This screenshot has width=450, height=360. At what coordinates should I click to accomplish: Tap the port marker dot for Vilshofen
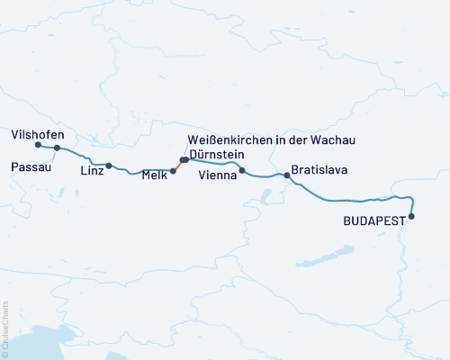[x=38, y=145]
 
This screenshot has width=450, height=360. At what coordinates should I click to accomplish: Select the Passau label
[x=30, y=166]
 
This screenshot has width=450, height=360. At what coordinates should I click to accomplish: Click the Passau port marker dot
[x=57, y=148]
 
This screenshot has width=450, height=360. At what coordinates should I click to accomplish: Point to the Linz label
[x=92, y=170]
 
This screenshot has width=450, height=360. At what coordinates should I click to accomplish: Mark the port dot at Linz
[x=109, y=166]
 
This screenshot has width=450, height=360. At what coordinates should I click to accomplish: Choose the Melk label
[x=154, y=176]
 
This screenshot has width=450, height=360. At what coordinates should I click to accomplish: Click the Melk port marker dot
[x=173, y=170]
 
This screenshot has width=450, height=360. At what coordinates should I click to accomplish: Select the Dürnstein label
[x=217, y=155]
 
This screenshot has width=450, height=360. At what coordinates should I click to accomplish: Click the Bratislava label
[x=319, y=169]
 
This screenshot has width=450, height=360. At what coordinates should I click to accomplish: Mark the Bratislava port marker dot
[x=287, y=175]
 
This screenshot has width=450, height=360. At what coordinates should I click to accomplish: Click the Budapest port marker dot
[x=412, y=216]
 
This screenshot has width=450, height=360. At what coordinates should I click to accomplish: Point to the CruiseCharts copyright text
[x=5, y=329]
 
